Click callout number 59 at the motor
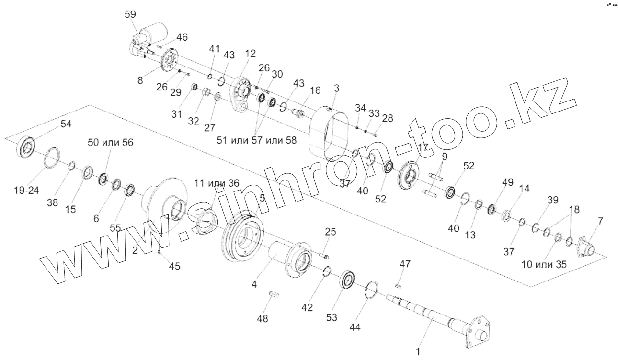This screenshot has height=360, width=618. [130, 14]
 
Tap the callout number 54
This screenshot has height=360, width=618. [66, 124]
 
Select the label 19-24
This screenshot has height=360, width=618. [26, 191]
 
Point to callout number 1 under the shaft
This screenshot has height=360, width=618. [418, 352]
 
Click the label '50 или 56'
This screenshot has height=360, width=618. [111, 142]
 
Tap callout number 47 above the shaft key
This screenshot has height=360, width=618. [405, 264]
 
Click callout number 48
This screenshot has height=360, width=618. [263, 318]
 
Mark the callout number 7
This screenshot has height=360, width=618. [600, 221]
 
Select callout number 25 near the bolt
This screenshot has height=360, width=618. [330, 232]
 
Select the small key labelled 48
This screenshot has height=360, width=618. [274, 292]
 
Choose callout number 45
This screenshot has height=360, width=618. [175, 266]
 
